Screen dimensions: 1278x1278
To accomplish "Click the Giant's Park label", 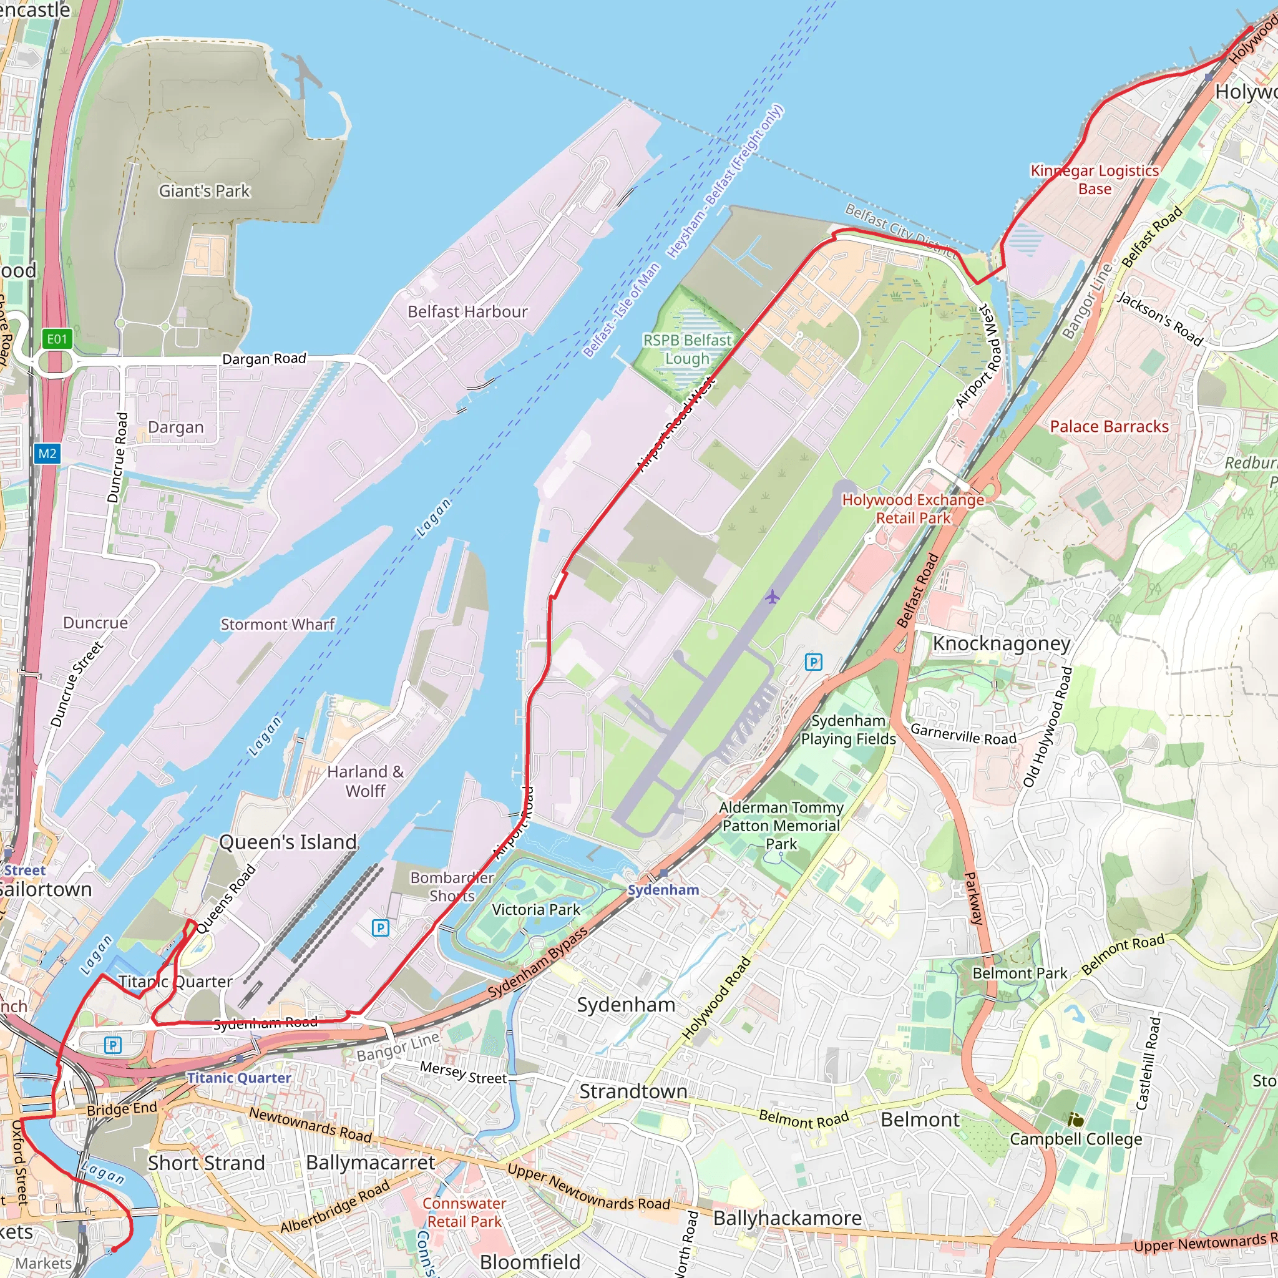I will pyautogui.click(x=205, y=191).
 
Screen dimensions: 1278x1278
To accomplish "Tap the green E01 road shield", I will pyautogui.click(x=57, y=339).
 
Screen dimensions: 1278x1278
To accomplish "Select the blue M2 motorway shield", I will pyautogui.click(x=47, y=454).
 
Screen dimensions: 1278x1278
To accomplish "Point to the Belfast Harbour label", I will pyautogui.click(x=467, y=311).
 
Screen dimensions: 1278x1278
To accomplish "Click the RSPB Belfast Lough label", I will pyautogui.click(x=687, y=349).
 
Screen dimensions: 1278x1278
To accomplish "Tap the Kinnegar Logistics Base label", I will pyautogui.click(x=1095, y=179).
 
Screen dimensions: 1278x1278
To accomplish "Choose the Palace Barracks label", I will pyautogui.click(x=1110, y=427).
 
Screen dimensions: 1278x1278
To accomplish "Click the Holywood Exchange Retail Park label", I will pyautogui.click(x=913, y=509).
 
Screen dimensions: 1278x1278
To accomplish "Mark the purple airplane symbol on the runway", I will pyautogui.click(x=772, y=597).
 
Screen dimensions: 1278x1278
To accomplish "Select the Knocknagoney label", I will pyautogui.click(x=1002, y=643).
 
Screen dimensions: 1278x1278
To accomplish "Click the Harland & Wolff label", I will pyautogui.click(x=365, y=781).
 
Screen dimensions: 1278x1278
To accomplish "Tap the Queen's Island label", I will pyautogui.click(x=288, y=842).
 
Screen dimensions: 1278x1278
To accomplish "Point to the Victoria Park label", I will pyautogui.click(x=536, y=910).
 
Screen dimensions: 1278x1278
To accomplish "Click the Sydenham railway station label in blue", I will pyautogui.click(x=663, y=890).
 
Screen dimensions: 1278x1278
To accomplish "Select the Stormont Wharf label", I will pyautogui.click(x=278, y=625).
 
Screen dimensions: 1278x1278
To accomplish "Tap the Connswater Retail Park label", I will pyautogui.click(x=464, y=1212).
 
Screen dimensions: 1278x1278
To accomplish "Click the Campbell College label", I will pyautogui.click(x=1076, y=1139).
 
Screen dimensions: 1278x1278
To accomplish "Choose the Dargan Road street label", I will pyautogui.click(x=264, y=359).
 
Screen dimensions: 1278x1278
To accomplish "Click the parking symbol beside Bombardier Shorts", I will pyautogui.click(x=381, y=928).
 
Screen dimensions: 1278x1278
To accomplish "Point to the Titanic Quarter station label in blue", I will pyautogui.click(x=239, y=1078).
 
